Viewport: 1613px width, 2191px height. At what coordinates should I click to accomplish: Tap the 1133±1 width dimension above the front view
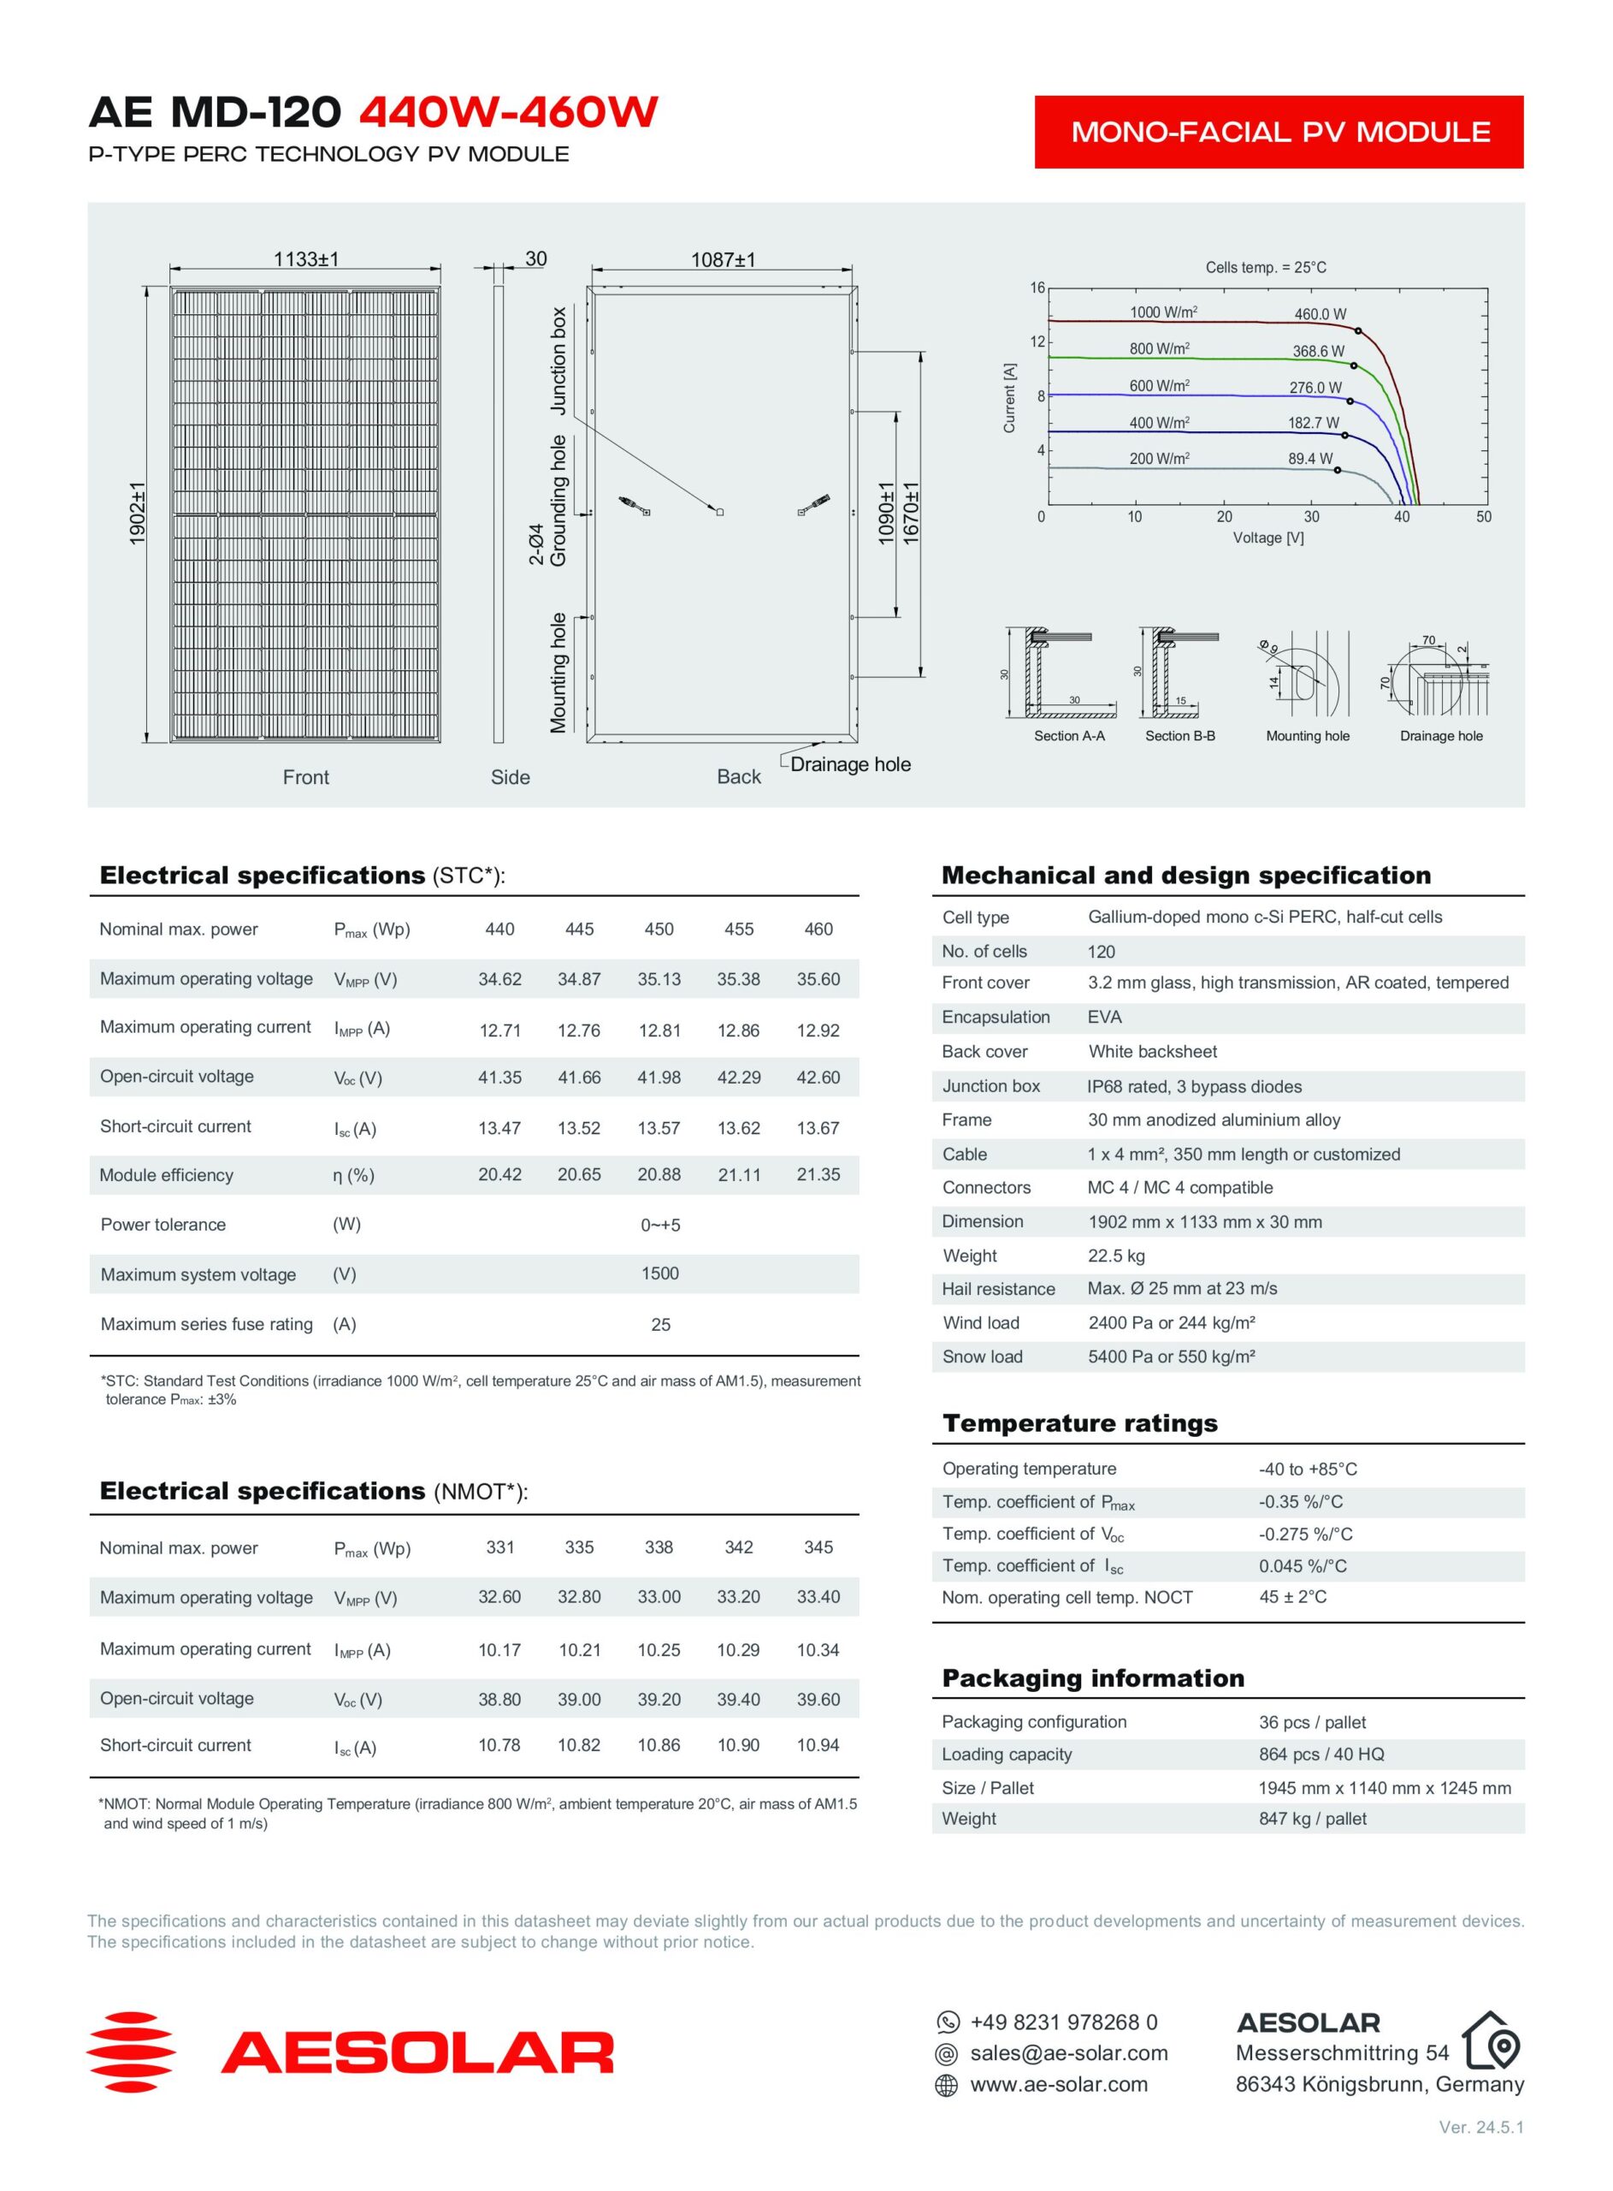point(305,258)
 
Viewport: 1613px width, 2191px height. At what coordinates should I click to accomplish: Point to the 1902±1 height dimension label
point(137,513)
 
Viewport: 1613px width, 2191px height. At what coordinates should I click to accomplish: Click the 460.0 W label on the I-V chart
point(1321,313)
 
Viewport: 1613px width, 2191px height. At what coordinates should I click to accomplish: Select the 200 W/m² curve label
point(1159,458)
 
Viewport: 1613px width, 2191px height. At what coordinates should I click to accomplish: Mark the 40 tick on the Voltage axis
point(1401,517)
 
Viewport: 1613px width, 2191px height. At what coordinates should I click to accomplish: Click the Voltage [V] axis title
point(1268,537)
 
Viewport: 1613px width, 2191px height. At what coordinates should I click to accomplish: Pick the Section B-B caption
point(1179,735)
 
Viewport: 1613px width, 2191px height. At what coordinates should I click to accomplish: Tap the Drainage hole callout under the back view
point(849,764)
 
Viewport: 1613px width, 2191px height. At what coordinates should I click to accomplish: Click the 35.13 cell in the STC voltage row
point(659,979)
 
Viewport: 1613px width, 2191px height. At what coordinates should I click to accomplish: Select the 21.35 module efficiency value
point(818,1174)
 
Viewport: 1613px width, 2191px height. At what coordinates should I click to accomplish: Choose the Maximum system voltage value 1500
point(660,1273)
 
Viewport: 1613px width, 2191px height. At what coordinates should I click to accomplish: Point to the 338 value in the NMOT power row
point(659,1547)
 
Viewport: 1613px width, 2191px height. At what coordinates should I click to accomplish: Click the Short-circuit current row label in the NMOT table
point(175,1744)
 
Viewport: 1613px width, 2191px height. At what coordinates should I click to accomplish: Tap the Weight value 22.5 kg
point(1116,1256)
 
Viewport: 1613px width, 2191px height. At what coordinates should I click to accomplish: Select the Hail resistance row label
point(998,1288)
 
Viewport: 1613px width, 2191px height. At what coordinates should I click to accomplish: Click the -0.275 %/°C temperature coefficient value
point(1305,1534)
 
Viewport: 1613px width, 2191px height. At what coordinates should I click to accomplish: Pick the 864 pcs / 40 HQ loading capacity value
point(1321,1754)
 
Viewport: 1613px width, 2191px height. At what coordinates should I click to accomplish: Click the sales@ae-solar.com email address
point(1068,2052)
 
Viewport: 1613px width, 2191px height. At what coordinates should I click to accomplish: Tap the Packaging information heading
point(1093,1678)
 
